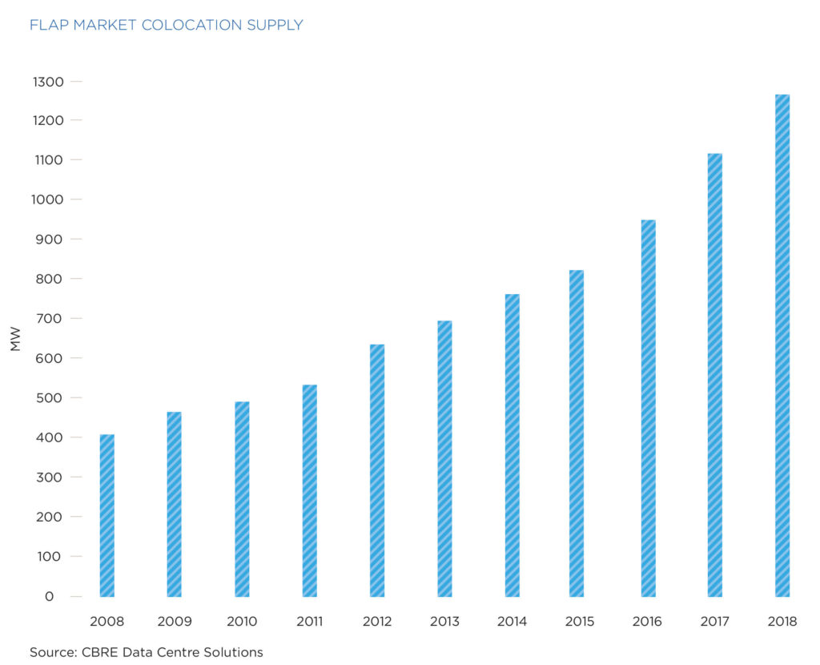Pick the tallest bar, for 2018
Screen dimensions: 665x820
[782, 345]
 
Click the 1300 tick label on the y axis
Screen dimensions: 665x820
[47, 82]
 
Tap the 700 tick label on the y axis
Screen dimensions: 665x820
[50, 319]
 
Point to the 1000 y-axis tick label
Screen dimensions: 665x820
[47, 200]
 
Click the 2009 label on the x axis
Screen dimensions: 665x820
[174, 622]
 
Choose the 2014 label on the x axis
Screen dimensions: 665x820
[512, 622]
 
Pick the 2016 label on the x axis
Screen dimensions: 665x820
[648, 622]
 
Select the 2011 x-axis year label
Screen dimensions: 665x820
[309, 622]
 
